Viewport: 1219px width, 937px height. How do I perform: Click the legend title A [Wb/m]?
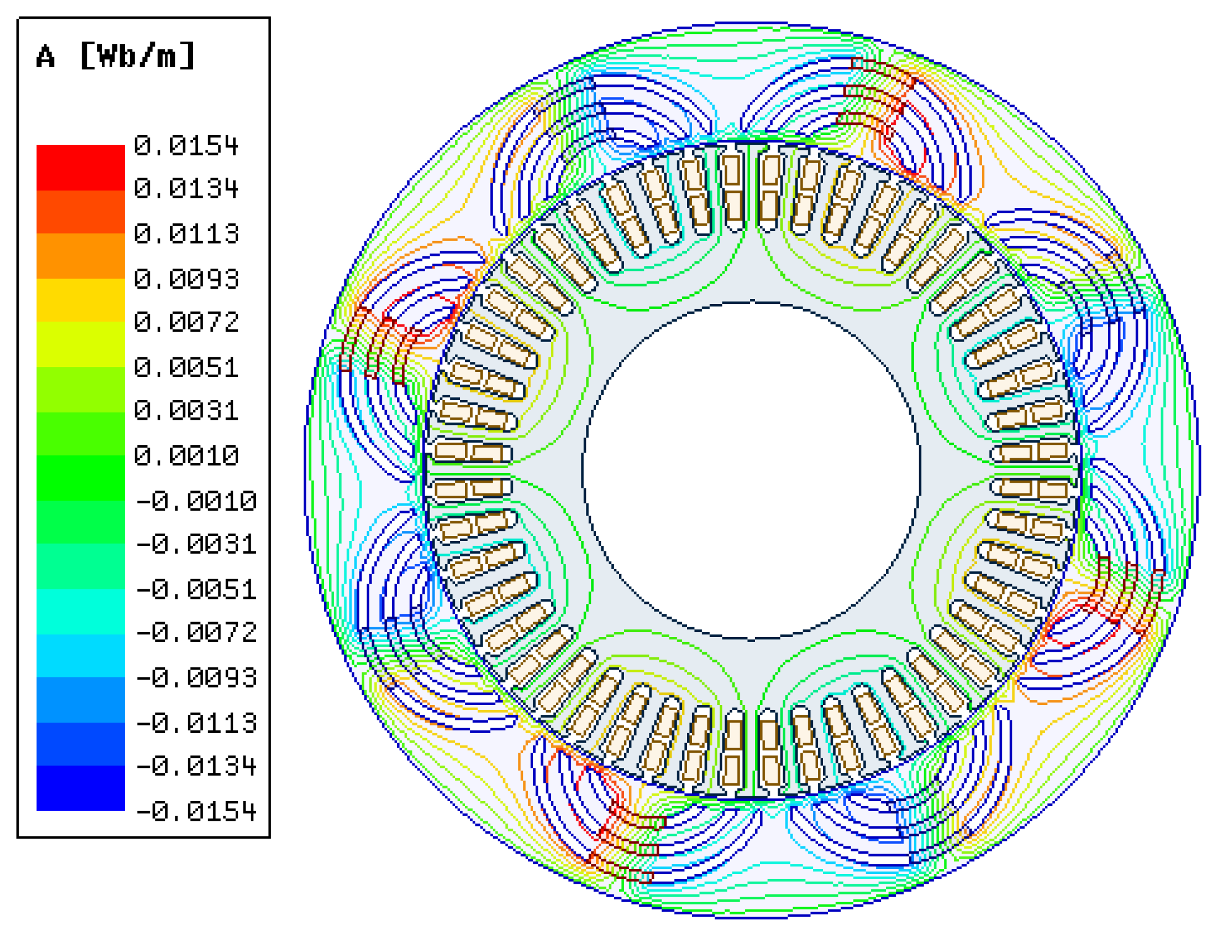click(115, 56)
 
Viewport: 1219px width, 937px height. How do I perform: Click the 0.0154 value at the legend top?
click(186, 146)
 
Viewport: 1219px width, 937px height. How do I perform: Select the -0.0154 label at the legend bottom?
click(196, 812)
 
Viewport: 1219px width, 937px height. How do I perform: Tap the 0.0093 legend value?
click(186, 280)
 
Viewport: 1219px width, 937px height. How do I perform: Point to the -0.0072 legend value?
click(196, 632)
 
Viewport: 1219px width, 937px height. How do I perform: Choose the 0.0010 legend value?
click(186, 456)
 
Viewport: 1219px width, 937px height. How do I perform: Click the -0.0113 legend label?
click(196, 723)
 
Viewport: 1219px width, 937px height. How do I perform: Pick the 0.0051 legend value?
click(186, 368)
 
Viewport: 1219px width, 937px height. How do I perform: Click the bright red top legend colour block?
click(81, 168)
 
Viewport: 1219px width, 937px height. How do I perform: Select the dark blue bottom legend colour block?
click(81, 788)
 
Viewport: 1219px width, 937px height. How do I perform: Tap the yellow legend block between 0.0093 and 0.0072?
click(81, 301)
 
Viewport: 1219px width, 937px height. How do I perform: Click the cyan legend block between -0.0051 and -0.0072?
click(81, 611)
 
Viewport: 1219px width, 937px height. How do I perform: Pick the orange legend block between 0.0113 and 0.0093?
click(81, 256)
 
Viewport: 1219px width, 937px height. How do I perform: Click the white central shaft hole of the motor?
click(752, 471)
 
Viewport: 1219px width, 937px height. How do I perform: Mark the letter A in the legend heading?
click(46, 57)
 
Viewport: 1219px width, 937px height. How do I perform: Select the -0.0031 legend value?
click(196, 545)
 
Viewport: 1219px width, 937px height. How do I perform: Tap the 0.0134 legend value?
click(186, 189)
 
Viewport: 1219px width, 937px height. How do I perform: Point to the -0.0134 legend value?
click(196, 766)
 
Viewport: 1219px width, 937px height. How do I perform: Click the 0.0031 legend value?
click(186, 411)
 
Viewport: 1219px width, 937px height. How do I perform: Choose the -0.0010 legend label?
click(196, 501)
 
